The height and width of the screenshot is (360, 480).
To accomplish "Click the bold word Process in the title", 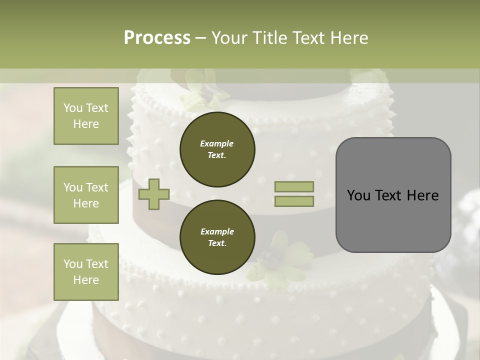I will click(157, 37).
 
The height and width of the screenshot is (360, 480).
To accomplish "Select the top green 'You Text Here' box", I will click(86, 116).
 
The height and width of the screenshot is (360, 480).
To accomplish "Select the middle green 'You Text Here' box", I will click(86, 195).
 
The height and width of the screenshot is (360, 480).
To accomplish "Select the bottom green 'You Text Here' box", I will click(86, 271).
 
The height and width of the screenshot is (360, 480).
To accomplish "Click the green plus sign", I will click(154, 194).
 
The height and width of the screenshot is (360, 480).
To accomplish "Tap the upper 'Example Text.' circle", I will click(217, 149).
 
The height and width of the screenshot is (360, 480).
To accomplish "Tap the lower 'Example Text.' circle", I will click(217, 237).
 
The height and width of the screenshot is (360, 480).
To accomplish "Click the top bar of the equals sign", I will click(294, 186).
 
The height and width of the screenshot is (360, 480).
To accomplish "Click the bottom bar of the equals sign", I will click(294, 201).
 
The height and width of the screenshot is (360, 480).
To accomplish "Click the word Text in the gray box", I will click(388, 195).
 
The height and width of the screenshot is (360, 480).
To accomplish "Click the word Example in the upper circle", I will click(216, 143).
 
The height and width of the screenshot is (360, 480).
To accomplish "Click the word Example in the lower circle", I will click(216, 231).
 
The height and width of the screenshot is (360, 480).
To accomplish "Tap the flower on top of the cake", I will click(200, 90).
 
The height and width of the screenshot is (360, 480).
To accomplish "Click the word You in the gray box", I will click(358, 195).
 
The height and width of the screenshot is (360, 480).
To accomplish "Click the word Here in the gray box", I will click(422, 195).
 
